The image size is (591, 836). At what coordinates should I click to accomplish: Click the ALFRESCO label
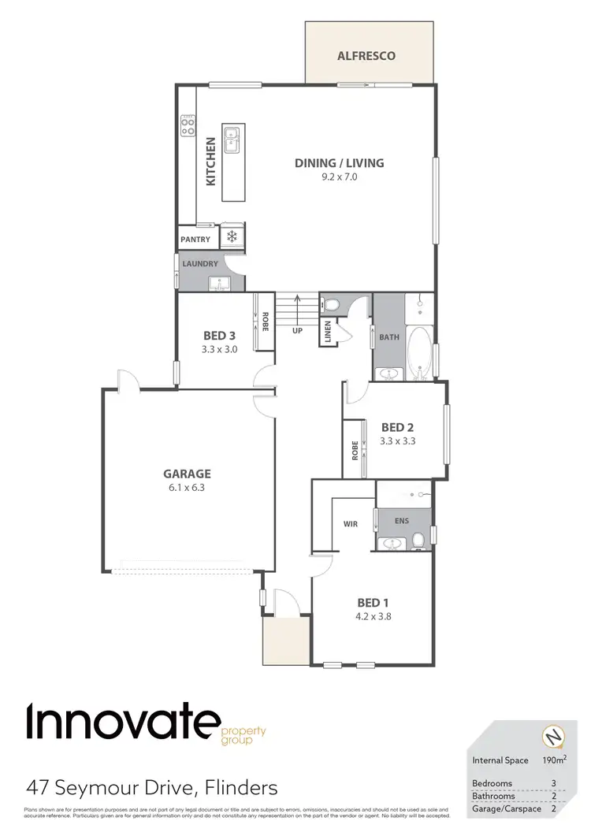point(366,56)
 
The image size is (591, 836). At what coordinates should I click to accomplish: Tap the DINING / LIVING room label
point(340,163)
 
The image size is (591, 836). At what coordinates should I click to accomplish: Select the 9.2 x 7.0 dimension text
point(340,177)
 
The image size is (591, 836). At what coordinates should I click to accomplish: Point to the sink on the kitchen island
point(232,140)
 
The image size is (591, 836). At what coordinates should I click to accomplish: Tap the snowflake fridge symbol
point(232,236)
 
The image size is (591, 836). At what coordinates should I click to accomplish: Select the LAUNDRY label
point(199,264)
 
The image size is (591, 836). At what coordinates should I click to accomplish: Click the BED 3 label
point(220,334)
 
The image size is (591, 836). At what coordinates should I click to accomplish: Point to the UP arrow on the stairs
point(296,311)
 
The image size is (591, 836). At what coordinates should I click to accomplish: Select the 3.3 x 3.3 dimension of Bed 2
point(397,441)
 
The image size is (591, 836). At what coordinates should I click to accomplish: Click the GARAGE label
point(187,474)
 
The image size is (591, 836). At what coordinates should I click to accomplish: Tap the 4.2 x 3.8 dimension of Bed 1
point(374,617)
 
